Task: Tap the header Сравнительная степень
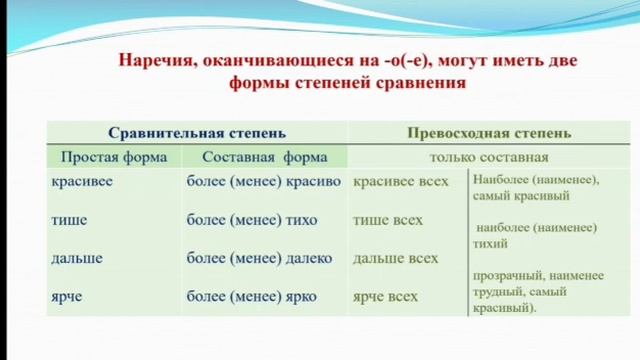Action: click(197, 133)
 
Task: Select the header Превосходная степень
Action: click(490, 133)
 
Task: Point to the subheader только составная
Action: click(489, 157)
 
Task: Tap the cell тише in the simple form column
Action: click(69, 220)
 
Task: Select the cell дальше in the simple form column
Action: click(77, 258)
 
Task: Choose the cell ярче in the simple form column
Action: click(68, 296)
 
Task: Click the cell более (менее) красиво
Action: click(264, 182)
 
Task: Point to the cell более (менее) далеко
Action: click(259, 258)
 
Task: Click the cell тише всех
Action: click(388, 220)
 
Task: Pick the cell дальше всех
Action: click(396, 258)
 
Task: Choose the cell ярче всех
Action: click(386, 296)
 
